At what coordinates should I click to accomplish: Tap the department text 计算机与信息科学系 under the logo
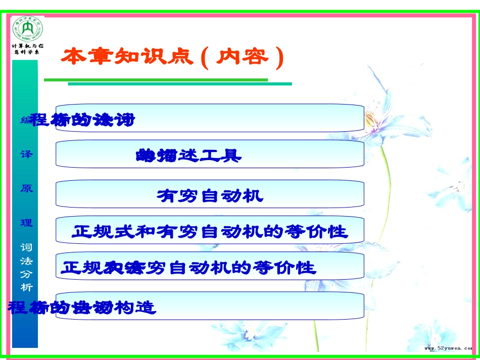point(27,49)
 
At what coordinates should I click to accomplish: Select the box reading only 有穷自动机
point(210,194)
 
